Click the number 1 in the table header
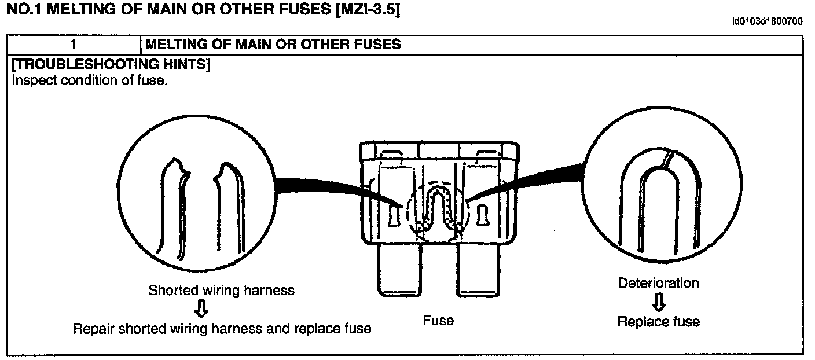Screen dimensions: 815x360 pyautogui.click(x=74, y=45)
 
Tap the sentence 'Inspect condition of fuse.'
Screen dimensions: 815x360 pyautogui.click(x=90, y=80)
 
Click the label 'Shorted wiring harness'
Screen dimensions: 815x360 pyautogui.click(x=221, y=290)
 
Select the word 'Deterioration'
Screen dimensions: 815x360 pyautogui.click(x=658, y=283)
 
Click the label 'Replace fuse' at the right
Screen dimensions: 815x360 pyautogui.click(x=658, y=322)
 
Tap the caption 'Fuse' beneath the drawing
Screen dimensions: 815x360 pyautogui.click(x=438, y=320)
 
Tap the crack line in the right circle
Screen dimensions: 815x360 pyautogui.click(x=668, y=159)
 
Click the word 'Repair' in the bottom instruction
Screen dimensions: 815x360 pyautogui.click(x=93, y=329)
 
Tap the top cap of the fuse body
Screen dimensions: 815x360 pyautogui.click(x=438, y=150)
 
